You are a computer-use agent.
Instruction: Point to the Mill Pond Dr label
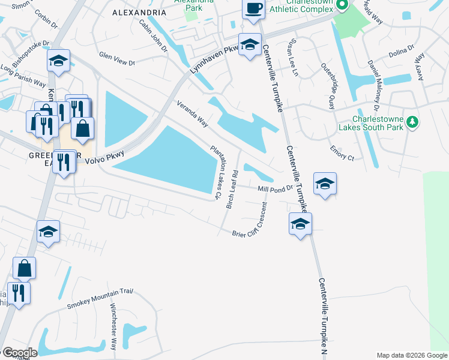pyautogui.click(x=274, y=188)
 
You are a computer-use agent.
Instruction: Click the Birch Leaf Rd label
pyautogui.click(x=232, y=190)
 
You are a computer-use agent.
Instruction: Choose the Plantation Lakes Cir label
pyautogui.click(x=215, y=172)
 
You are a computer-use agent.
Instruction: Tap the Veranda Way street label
pyautogui.click(x=192, y=114)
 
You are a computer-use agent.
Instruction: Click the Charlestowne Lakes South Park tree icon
pyautogui.click(x=412, y=122)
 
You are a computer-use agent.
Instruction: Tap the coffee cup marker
pyautogui.click(x=253, y=10)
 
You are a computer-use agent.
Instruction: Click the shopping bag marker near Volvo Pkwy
pyautogui.click(x=82, y=127)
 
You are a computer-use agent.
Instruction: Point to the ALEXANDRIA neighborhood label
pyautogui.click(x=139, y=12)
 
